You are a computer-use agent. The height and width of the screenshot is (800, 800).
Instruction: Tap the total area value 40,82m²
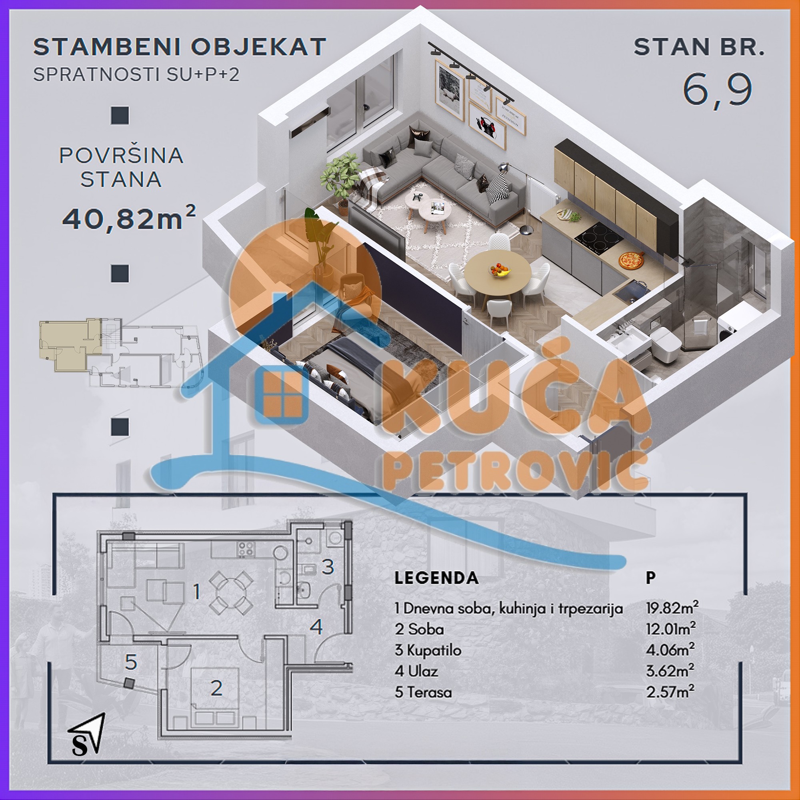(x=128, y=218)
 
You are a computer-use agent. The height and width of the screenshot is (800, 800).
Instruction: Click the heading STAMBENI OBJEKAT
(x=180, y=47)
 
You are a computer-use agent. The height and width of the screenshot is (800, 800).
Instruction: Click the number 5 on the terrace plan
(x=131, y=662)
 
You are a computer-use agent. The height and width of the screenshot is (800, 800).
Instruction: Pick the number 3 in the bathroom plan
(x=328, y=566)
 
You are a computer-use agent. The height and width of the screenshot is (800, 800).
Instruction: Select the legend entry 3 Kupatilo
(x=428, y=650)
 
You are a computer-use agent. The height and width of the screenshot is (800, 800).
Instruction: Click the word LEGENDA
(x=436, y=578)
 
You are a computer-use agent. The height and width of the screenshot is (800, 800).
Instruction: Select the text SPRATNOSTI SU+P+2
(x=136, y=74)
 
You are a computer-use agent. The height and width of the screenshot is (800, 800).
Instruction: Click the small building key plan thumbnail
(x=120, y=352)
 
